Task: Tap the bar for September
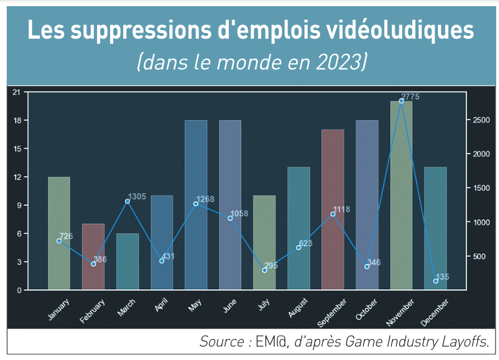[332, 210]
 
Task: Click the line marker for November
[401, 101]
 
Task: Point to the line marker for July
[265, 270]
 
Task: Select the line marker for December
[436, 281]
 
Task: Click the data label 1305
[137, 197]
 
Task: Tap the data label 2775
[411, 97]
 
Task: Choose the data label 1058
[239, 214]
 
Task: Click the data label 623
[306, 243]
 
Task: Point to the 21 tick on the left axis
[16, 92]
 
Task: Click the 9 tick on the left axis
[18, 205]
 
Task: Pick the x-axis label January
[59, 310]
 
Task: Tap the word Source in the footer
[221, 341]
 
